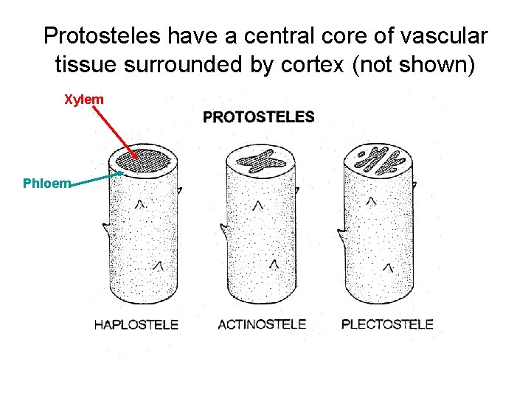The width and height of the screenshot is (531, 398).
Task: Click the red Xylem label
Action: pyautogui.click(x=83, y=99)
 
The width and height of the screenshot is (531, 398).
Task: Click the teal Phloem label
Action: pyautogui.click(x=46, y=184)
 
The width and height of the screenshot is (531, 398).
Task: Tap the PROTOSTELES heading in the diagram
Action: pyautogui.click(x=258, y=116)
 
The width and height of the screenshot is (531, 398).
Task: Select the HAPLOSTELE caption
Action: pyautogui.click(x=136, y=324)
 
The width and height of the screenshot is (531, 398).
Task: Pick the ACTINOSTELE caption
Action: pyautogui.click(x=262, y=324)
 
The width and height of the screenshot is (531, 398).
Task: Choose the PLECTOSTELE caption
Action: pyautogui.click(x=387, y=324)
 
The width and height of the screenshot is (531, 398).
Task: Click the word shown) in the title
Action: pyautogui.click(x=438, y=64)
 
